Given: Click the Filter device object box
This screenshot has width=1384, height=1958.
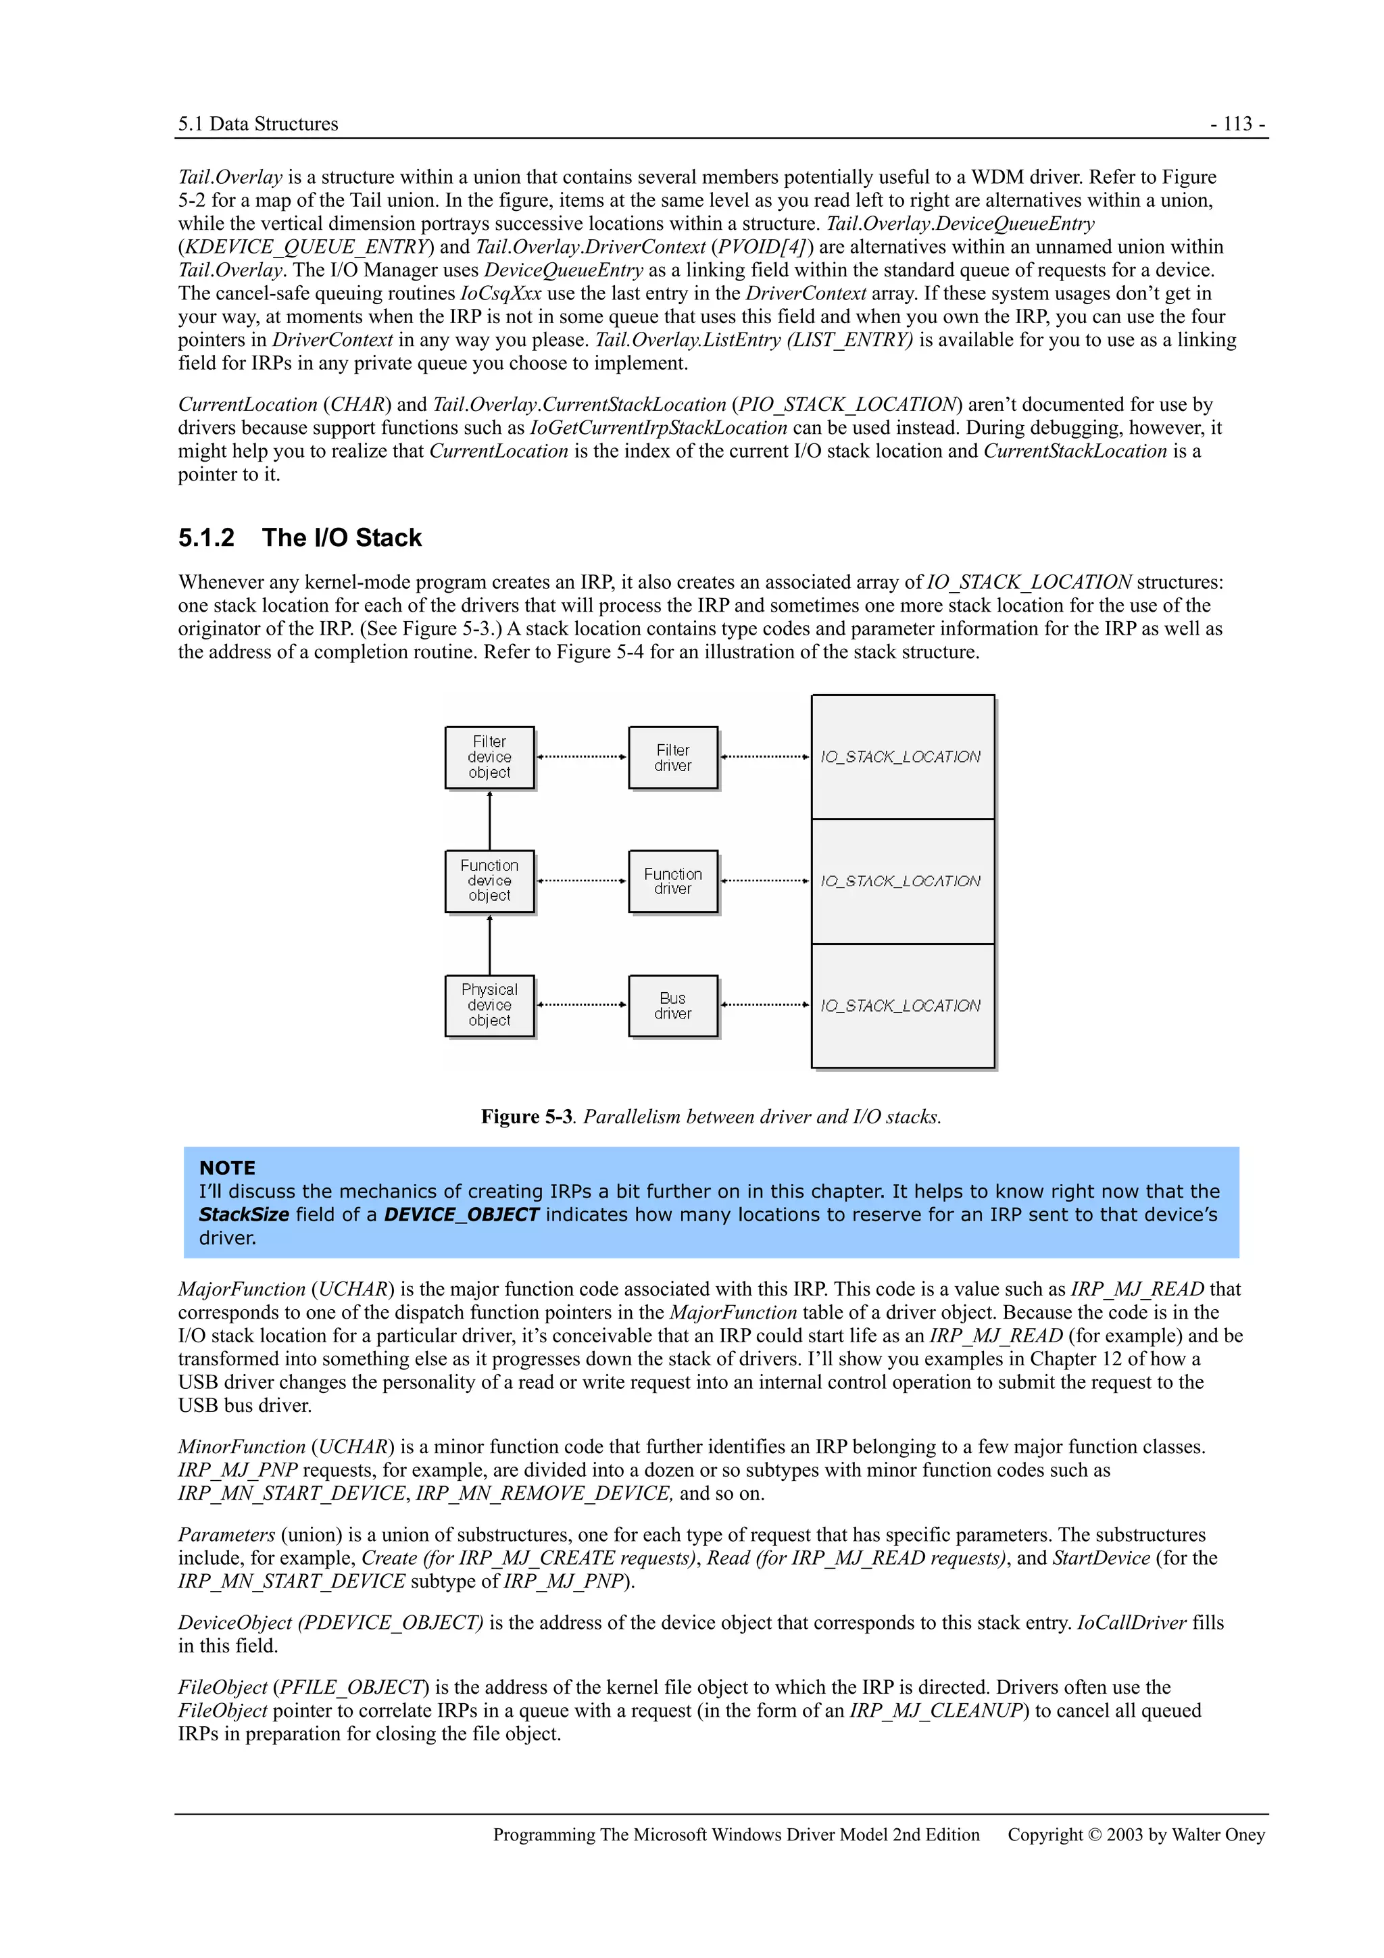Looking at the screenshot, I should [x=489, y=757].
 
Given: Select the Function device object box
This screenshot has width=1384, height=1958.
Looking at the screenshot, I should [x=489, y=881].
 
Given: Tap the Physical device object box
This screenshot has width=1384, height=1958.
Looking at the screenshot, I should [x=489, y=1006].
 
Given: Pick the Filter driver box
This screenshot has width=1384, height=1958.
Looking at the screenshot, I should [x=673, y=757].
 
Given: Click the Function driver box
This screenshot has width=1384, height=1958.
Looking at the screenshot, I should [x=673, y=881].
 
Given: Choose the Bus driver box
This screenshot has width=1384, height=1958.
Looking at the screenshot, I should [x=673, y=1006].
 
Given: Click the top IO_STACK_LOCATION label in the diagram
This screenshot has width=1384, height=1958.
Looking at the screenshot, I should [x=901, y=757].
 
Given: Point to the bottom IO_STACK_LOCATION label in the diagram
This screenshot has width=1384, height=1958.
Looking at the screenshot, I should [x=901, y=1006].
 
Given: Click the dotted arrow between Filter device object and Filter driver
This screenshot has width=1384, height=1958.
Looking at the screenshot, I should [x=582, y=756].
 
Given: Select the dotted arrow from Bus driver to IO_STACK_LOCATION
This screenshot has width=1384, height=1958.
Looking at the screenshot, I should [x=765, y=1004].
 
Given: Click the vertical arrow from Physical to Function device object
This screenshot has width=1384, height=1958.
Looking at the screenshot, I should [x=489, y=945].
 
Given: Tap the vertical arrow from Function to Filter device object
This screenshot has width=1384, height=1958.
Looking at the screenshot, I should [x=489, y=821].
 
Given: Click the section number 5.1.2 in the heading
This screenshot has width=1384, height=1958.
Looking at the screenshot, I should [x=206, y=538].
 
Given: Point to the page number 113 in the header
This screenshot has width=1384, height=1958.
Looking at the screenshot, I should [x=1237, y=124].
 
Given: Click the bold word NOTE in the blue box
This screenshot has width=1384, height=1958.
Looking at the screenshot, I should [x=227, y=1169].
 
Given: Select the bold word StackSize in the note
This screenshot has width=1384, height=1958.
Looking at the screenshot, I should [x=244, y=1215].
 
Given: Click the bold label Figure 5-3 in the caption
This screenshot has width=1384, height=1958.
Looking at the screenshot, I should [x=526, y=1117].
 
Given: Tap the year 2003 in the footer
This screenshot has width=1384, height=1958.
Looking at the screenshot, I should [x=1124, y=1834].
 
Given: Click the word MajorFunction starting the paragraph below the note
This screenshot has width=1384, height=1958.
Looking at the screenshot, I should [x=241, y=1290].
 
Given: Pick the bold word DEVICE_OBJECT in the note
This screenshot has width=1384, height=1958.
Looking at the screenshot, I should [x=462, y=1215].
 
